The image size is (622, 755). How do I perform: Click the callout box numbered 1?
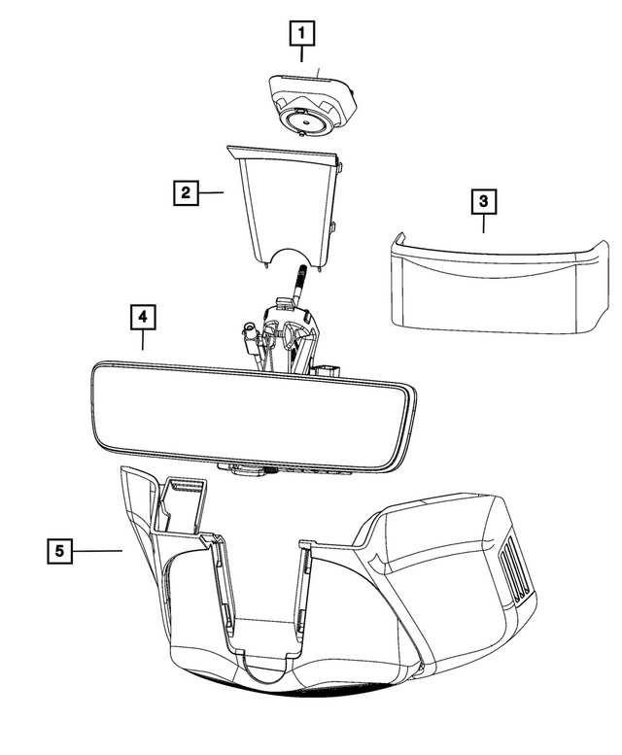[x=302, y=34]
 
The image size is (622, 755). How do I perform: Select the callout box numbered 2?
[x=182, y=191]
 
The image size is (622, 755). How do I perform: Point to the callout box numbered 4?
[x=142, y=317]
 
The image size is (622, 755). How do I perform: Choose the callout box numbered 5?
[x=60, y=551]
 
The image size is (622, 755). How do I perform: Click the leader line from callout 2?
[x=211, y=192]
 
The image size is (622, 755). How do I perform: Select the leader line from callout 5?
[x=98, y=551]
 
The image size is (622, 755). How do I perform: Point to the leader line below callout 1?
[x=302, y=60]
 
